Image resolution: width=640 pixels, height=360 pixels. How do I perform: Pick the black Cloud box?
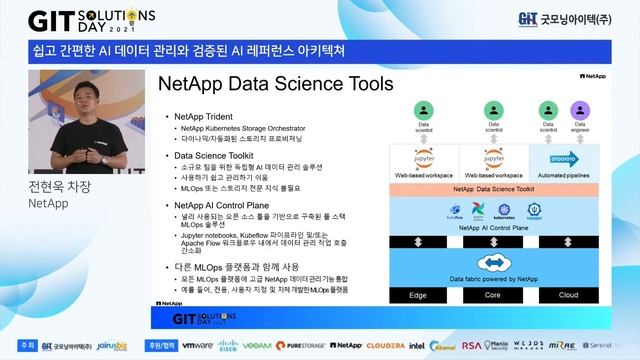coord(567,295)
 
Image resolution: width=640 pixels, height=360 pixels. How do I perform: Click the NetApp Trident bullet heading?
coord(206,117)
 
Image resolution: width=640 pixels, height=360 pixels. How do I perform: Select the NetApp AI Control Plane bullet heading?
coord(223,204)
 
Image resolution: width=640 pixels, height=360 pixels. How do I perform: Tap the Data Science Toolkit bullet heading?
coord(218,156)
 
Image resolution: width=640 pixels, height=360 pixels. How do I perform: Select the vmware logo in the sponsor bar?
coord(197,345)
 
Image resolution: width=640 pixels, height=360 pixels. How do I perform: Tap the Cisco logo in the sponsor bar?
coord(228,345)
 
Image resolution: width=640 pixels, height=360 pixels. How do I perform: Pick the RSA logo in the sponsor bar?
coord(472,345)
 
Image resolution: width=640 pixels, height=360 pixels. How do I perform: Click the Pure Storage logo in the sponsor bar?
coord(306,345)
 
